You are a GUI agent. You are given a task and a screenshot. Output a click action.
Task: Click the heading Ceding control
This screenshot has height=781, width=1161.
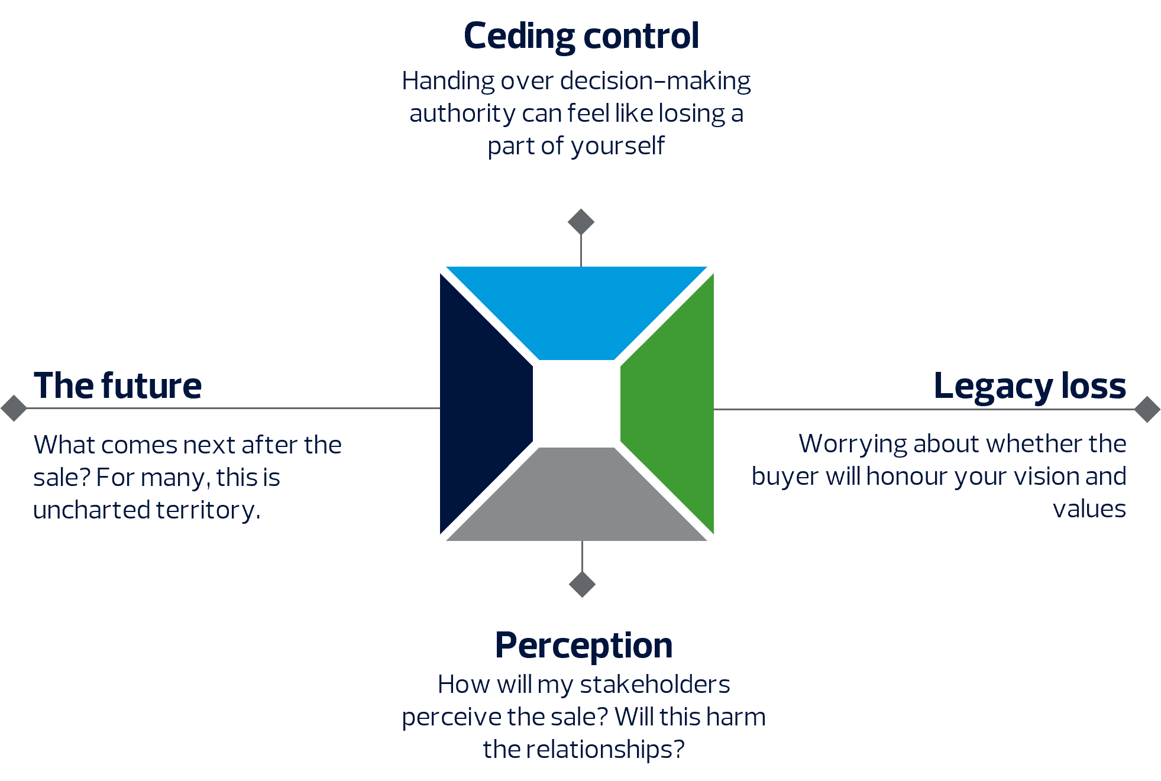click(x=581, y=37)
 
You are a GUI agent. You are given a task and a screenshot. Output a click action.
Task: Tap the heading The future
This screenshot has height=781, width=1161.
click(x=118, y=386)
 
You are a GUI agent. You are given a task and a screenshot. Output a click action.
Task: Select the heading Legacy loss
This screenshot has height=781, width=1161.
click(x=1030, y=386)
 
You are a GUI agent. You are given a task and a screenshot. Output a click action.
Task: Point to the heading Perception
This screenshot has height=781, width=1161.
click(x=584, y=646)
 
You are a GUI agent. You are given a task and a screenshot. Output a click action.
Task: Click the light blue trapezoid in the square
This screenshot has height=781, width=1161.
click(x=577, y=310)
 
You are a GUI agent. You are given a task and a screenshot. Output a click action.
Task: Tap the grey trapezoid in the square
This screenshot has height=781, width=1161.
click(x=577, y=500)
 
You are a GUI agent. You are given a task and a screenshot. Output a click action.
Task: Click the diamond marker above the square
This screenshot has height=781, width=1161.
click(x=581, y=222)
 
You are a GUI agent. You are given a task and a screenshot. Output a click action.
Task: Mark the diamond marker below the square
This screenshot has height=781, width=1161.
click(x=582, y=584)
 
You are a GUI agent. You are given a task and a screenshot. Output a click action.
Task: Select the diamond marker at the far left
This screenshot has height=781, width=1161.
click(x=14, y=408)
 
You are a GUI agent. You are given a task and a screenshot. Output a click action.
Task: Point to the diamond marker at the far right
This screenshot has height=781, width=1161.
click(x=1147, y=409)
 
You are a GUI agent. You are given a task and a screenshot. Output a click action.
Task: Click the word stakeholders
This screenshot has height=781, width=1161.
click(x=655, y=685)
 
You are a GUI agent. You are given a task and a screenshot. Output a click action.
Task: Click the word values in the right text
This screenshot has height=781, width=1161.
click(x=1089, y=509)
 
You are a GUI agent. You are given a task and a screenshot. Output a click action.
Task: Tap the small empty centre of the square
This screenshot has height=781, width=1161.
click(x=577, y=404)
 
